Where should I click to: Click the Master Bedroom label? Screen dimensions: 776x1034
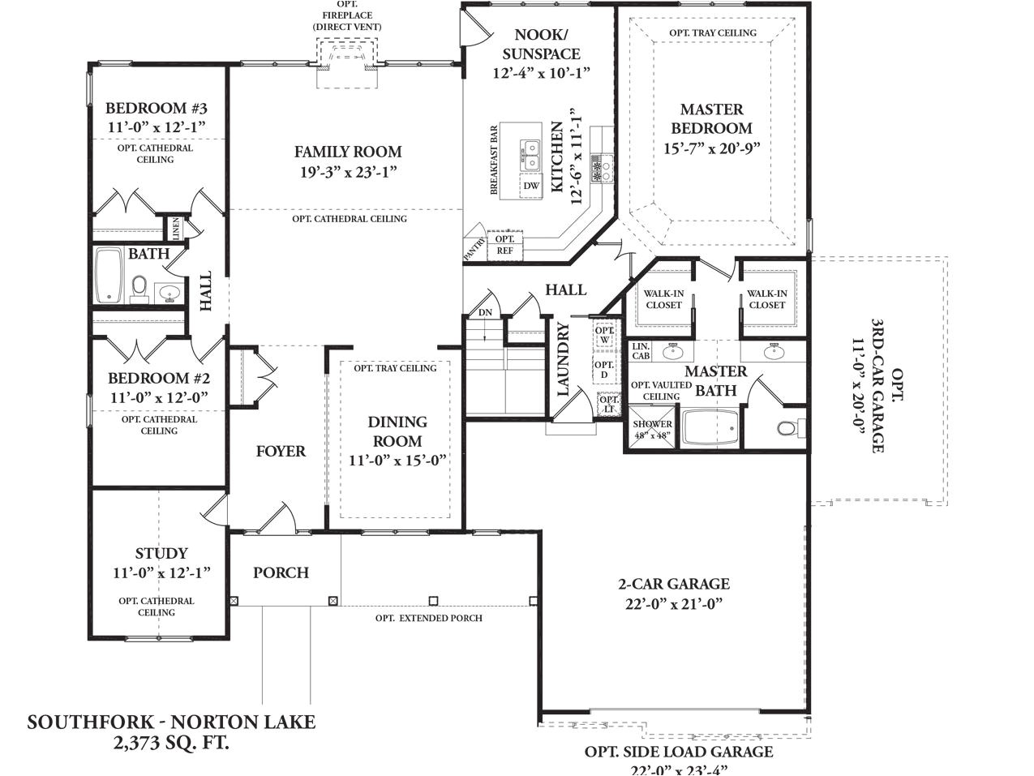tap(711, 118)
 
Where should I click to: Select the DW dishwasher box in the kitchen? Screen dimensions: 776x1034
tap(531, 186)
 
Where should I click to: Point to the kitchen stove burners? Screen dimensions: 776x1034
tap(602, 169)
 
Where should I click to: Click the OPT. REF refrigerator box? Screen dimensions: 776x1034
tap(504, 245)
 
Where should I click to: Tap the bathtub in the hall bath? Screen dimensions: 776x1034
tap(108, 276)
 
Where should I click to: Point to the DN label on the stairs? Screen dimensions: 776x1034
tap(485, 312)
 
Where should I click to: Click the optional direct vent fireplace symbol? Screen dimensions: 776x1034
tap(347, 58)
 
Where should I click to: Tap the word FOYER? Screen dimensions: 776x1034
tap(281, 452)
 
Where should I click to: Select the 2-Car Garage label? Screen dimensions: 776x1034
tap(673, 584)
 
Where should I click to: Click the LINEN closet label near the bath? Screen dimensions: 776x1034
tap(175, 228)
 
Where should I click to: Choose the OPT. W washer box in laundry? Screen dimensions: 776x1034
tap(604, 335)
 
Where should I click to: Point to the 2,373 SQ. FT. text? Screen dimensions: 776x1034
tap(171, 742)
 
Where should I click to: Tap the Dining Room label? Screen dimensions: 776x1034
tap(397, 431)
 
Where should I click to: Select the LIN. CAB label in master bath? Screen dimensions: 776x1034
tap(641, 350)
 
